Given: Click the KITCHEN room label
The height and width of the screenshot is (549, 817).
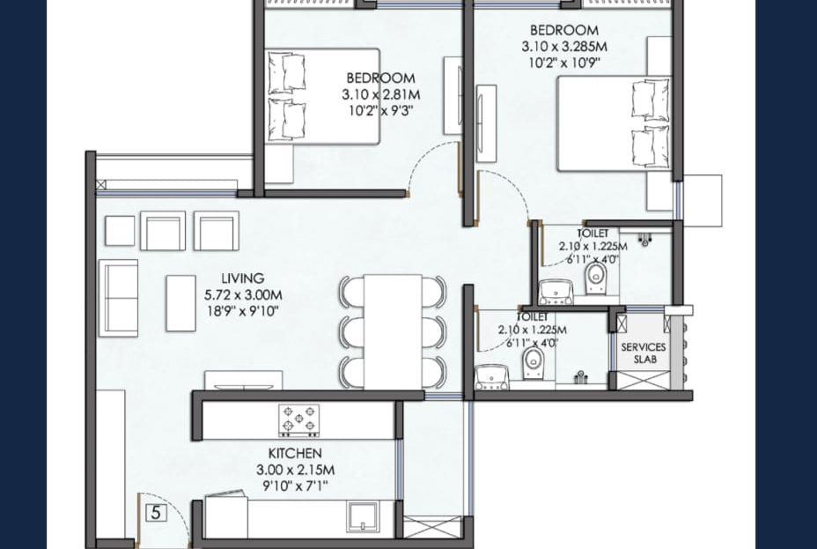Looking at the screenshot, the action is (295, 453).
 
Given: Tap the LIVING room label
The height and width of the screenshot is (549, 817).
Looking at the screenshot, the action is (242, 278).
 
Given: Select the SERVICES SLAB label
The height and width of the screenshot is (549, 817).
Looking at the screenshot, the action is (644, 353).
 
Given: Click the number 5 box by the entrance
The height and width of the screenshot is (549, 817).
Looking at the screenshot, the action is (156, 513).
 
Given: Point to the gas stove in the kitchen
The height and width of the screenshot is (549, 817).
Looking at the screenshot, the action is (299, 420).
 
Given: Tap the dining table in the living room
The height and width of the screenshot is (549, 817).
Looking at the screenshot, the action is (393, 331).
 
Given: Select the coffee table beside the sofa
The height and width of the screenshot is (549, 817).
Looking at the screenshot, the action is (180, 303).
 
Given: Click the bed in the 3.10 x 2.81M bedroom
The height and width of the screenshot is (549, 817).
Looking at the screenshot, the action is (322, 96).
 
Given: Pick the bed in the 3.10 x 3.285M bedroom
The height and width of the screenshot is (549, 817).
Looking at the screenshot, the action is (615, 123).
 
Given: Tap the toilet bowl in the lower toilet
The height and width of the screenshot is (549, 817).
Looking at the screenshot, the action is (533, 363).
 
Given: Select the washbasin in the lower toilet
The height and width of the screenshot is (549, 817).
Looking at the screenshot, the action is (492, 377).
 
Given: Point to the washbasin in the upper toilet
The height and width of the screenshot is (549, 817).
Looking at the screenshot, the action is (556, 293).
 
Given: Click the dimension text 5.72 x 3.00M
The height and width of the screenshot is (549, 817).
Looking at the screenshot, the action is (243, 295).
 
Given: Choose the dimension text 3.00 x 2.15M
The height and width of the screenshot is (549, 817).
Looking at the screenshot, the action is (295, 470).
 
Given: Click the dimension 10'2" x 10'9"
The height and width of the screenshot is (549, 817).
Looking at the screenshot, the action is (564, 63).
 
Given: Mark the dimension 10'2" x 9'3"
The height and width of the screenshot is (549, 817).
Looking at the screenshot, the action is (381, 111).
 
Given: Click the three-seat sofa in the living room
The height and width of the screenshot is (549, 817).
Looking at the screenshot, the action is (118, 298).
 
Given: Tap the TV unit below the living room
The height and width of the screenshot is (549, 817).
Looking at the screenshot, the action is (243, 381).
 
